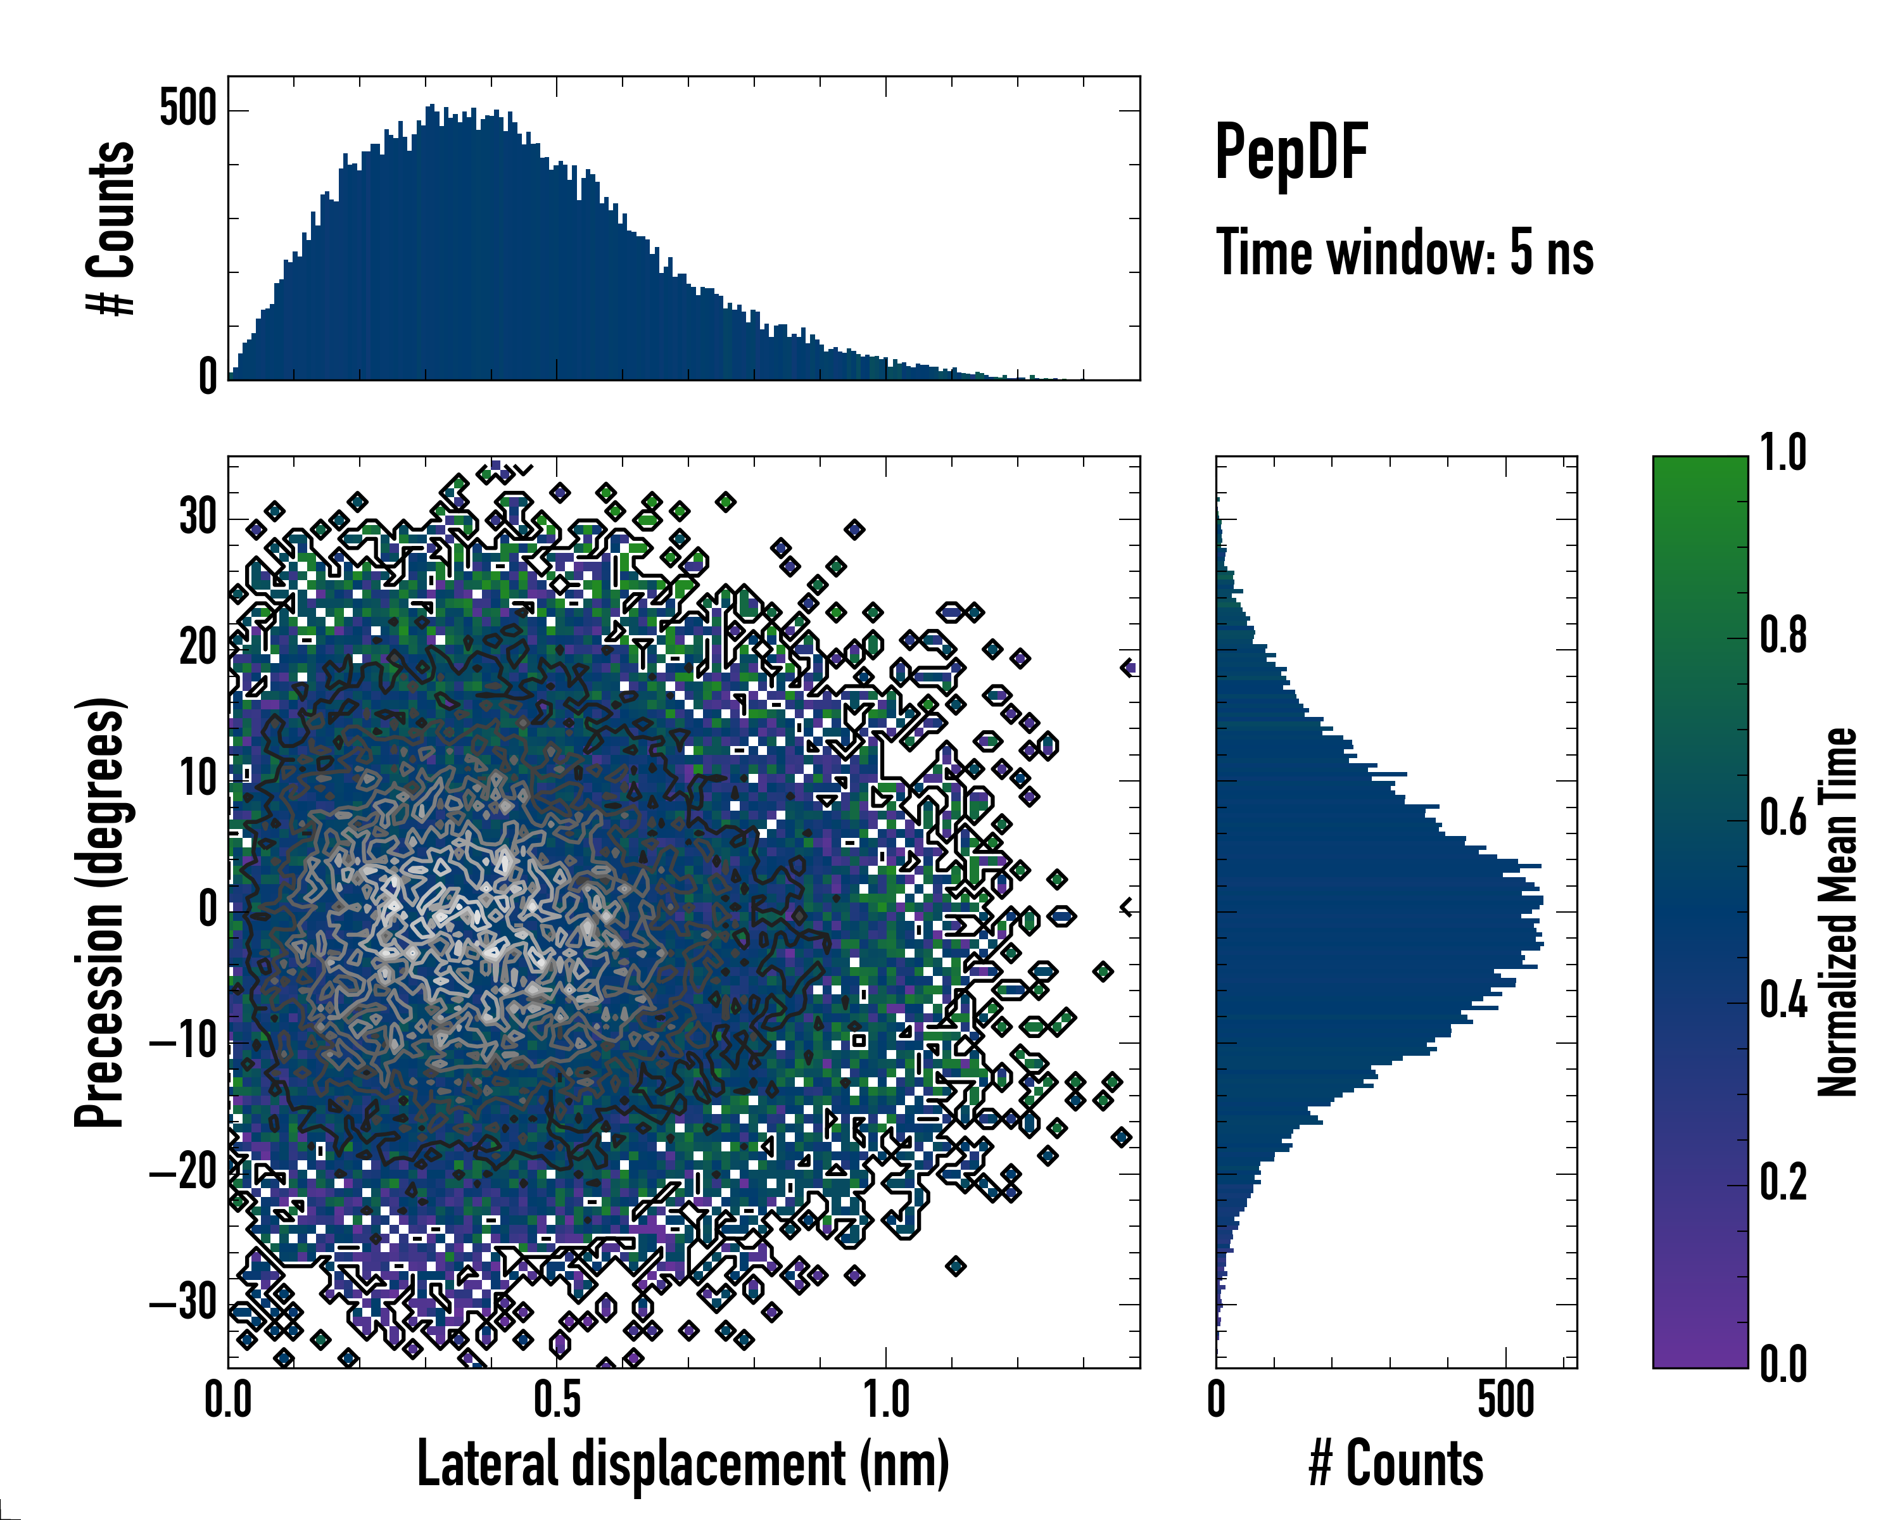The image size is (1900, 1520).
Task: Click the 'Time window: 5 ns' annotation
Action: click(x=1405, y=253)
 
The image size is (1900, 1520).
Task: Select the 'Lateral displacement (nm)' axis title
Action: click(x=683, y=1464)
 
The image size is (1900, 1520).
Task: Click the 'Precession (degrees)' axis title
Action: click(x=99, y=912)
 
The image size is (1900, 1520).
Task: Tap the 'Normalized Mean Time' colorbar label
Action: click(x=1837, y=912)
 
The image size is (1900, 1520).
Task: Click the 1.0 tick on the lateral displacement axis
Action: click(x=885, y=1399)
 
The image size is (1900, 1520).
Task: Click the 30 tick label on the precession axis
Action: click(x=198, y=517)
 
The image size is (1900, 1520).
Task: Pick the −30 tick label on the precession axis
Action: click(x=183, y=1301)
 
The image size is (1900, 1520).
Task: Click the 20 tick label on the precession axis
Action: click(x=198, y=648)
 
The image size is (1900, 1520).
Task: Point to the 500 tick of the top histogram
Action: click(x=187, y=110)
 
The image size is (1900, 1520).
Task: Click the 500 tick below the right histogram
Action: click(x=1505, y=1399)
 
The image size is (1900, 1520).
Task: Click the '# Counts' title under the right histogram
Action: click(x=1396, y=1464)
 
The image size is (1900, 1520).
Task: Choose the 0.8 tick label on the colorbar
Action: click(x=1783, y=635)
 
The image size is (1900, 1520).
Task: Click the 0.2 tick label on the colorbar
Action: click(x=1783, y=1182)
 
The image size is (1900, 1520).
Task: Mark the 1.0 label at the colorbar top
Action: click(x=1783, y=453)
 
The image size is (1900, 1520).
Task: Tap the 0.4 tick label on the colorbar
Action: click(x=1783, y=1000)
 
